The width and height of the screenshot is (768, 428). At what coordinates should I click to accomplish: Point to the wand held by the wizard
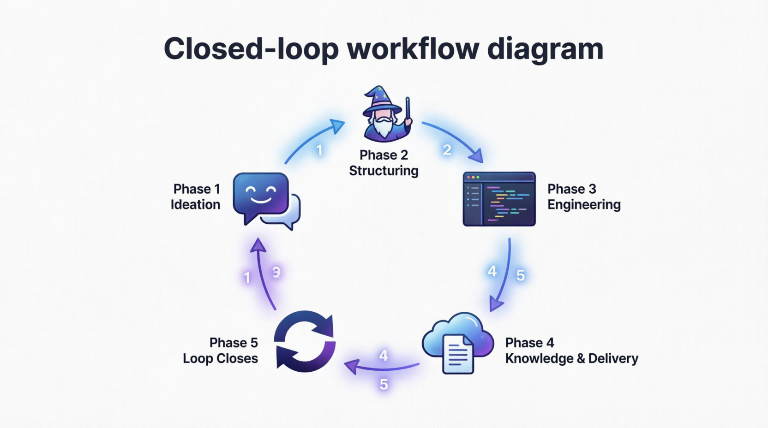(x=408, y=111)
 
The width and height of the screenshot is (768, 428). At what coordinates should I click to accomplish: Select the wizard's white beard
(x=383, y=126)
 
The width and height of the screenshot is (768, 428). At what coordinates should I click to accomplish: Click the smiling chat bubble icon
(x=261, y=196)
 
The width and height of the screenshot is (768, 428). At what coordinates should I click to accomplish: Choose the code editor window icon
(x=499, y=199)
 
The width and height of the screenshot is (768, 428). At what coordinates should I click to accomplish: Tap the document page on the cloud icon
(x=458, y=354)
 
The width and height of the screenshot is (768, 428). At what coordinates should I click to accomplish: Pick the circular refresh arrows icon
(x=305, y=341)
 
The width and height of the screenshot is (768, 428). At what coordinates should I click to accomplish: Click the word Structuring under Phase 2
(x=384, y=171)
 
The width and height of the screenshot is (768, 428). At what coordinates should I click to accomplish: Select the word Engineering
(x=584, y=204)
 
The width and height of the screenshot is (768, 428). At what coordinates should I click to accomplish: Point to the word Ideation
(x=195, y=204)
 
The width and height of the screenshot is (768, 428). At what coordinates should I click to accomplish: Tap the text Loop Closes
(x=220, y=358)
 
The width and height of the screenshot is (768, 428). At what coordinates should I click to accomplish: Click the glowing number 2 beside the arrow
(x=447, y=150)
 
